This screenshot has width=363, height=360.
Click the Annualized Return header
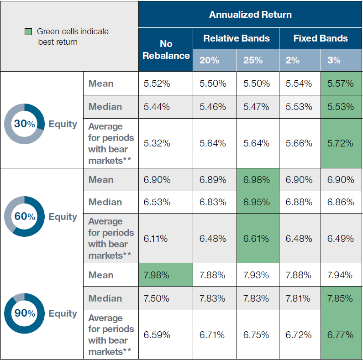pos(250,15)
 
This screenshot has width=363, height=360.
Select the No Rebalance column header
pos(166,50)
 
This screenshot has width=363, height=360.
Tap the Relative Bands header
pos(236,38)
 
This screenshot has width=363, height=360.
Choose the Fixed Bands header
pos(321,38)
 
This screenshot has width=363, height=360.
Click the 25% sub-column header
pos(258,60)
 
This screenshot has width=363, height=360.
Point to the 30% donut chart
pos(24,124)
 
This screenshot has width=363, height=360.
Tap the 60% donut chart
pos(24,217)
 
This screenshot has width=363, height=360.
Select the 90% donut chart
pos(24,313)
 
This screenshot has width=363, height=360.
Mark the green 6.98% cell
pos(258,180)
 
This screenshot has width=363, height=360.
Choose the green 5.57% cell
pos(342,83)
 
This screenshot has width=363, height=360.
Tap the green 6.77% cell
pos(342,335)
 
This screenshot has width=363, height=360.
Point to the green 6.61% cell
pos(258,238)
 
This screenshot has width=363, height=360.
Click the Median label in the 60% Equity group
pos(105,202)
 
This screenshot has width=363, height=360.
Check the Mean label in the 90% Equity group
pos(101,275)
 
